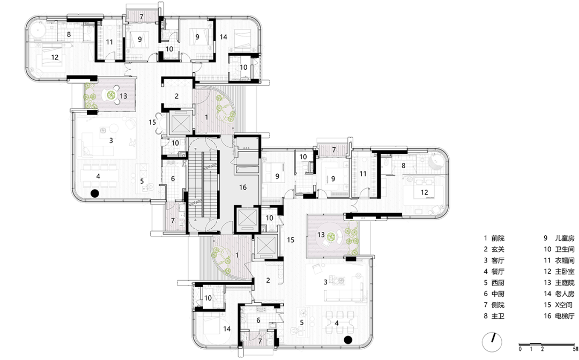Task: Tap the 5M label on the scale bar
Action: [575, 349]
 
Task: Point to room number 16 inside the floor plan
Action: [243, 187]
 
